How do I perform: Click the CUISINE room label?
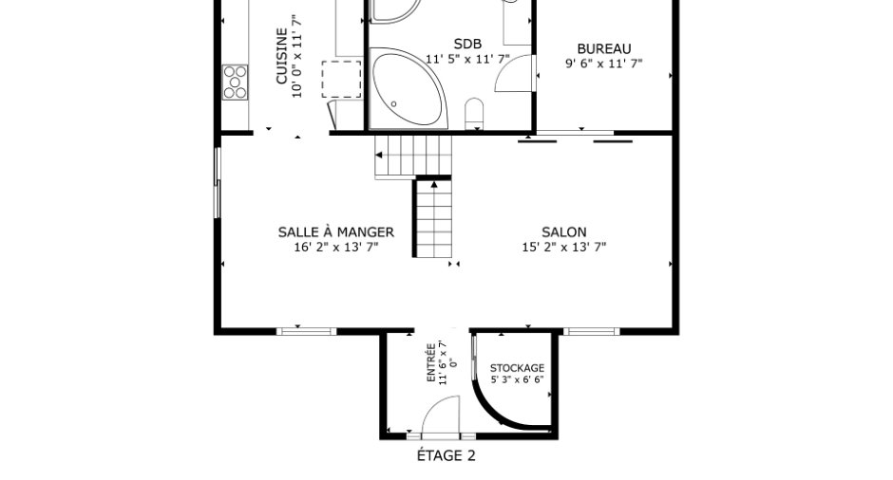point(282,56)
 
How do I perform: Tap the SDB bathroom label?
point(467,44)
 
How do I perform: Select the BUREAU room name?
point(603,49)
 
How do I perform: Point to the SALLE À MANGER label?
point(336,232)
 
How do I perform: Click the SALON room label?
point(563,232)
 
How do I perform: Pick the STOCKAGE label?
point(517,368)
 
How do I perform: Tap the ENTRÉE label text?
point(431,362)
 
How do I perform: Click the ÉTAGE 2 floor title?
point(446,455)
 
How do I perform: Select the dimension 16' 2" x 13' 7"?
point(336,247)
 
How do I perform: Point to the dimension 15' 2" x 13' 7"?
point(563,247)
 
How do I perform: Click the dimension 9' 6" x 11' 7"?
point(603,64)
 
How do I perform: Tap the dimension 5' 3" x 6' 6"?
point(517,379)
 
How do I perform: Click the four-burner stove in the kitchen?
point(235,83)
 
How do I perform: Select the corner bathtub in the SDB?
point(408,88)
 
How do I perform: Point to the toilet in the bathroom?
point(474,114)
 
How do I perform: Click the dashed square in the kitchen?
point(341,79)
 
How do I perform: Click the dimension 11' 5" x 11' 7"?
point(467,59)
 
